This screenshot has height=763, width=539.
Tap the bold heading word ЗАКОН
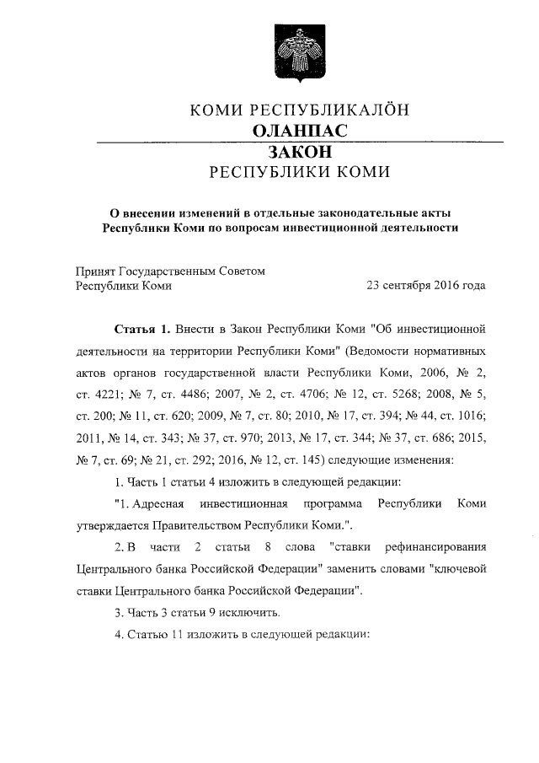click(x=300, y=153)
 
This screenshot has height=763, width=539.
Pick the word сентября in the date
click(x=407, y=285)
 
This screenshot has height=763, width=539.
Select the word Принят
click(x=94, y=271)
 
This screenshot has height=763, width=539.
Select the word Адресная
click(x=157, y=503)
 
